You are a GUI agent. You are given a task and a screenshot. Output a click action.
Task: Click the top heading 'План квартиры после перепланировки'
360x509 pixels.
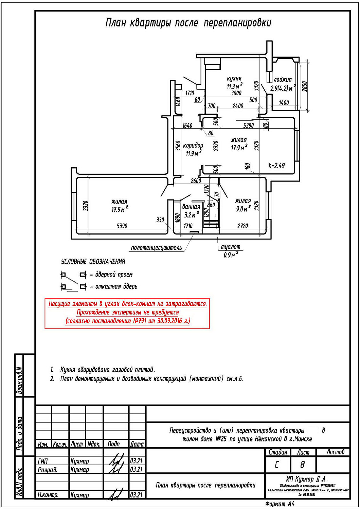(188, 23)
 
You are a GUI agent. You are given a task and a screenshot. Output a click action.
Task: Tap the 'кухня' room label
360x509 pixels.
(234, 78)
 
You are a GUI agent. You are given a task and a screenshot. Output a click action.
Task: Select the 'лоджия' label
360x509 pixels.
(283, 80)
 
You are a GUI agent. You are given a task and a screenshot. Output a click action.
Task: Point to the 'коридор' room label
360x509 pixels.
(193, 146)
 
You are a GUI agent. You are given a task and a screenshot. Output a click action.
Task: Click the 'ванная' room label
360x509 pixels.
(191, 207)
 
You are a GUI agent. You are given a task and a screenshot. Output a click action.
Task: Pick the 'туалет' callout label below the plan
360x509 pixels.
(230, 247)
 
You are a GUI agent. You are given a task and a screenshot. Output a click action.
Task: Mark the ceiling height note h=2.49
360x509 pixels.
(276, 166)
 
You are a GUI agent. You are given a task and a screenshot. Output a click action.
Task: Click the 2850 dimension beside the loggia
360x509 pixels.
(304, 86)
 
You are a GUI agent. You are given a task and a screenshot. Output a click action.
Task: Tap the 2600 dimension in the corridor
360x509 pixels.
(196, 181)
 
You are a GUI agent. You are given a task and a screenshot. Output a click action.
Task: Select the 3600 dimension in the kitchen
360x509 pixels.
(236, 93)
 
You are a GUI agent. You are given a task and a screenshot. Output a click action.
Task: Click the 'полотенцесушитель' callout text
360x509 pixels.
(156, 248)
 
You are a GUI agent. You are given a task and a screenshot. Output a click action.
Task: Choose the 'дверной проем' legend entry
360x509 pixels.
(113, 275)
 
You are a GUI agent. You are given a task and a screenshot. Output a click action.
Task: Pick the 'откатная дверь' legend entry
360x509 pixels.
(116, 287)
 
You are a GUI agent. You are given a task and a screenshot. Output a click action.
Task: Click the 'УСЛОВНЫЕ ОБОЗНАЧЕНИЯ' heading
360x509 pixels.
(93, 262)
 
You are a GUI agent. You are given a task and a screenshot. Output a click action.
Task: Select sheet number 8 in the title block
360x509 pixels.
(302, 464)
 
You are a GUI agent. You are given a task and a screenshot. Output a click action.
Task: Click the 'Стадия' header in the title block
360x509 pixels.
(277, 452)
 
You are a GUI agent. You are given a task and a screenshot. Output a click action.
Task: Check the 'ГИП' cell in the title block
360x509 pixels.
(43, 461)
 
